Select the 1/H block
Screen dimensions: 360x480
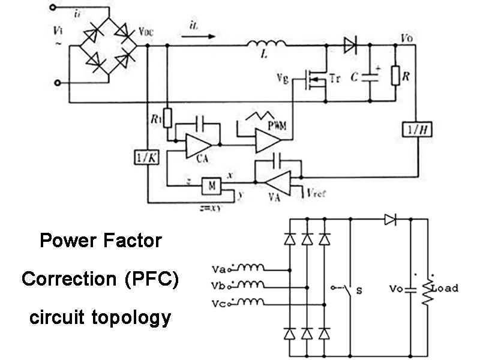click(414, 128)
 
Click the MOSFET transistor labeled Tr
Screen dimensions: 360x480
click(316, 79)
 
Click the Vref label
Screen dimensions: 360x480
click(317, 193)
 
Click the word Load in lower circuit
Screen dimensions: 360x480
click(445, 288)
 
